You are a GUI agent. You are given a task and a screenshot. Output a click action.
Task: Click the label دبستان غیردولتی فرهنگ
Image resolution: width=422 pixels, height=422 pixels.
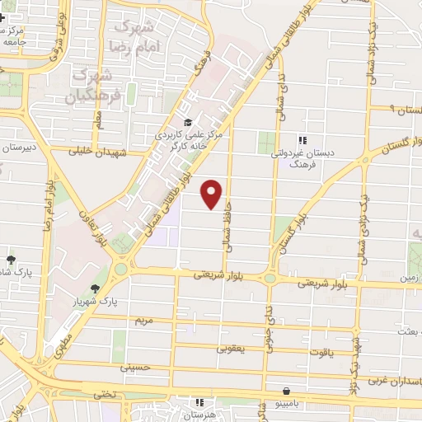[x=328, y=158]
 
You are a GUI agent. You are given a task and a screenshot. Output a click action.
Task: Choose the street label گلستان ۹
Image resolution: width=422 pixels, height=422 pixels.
[x=394, y=109]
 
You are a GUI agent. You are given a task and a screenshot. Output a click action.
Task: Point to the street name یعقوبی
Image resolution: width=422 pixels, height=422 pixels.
[x=231, y=349]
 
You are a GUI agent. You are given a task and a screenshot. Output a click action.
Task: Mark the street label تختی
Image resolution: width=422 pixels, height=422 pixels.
[x=105, y=394]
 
